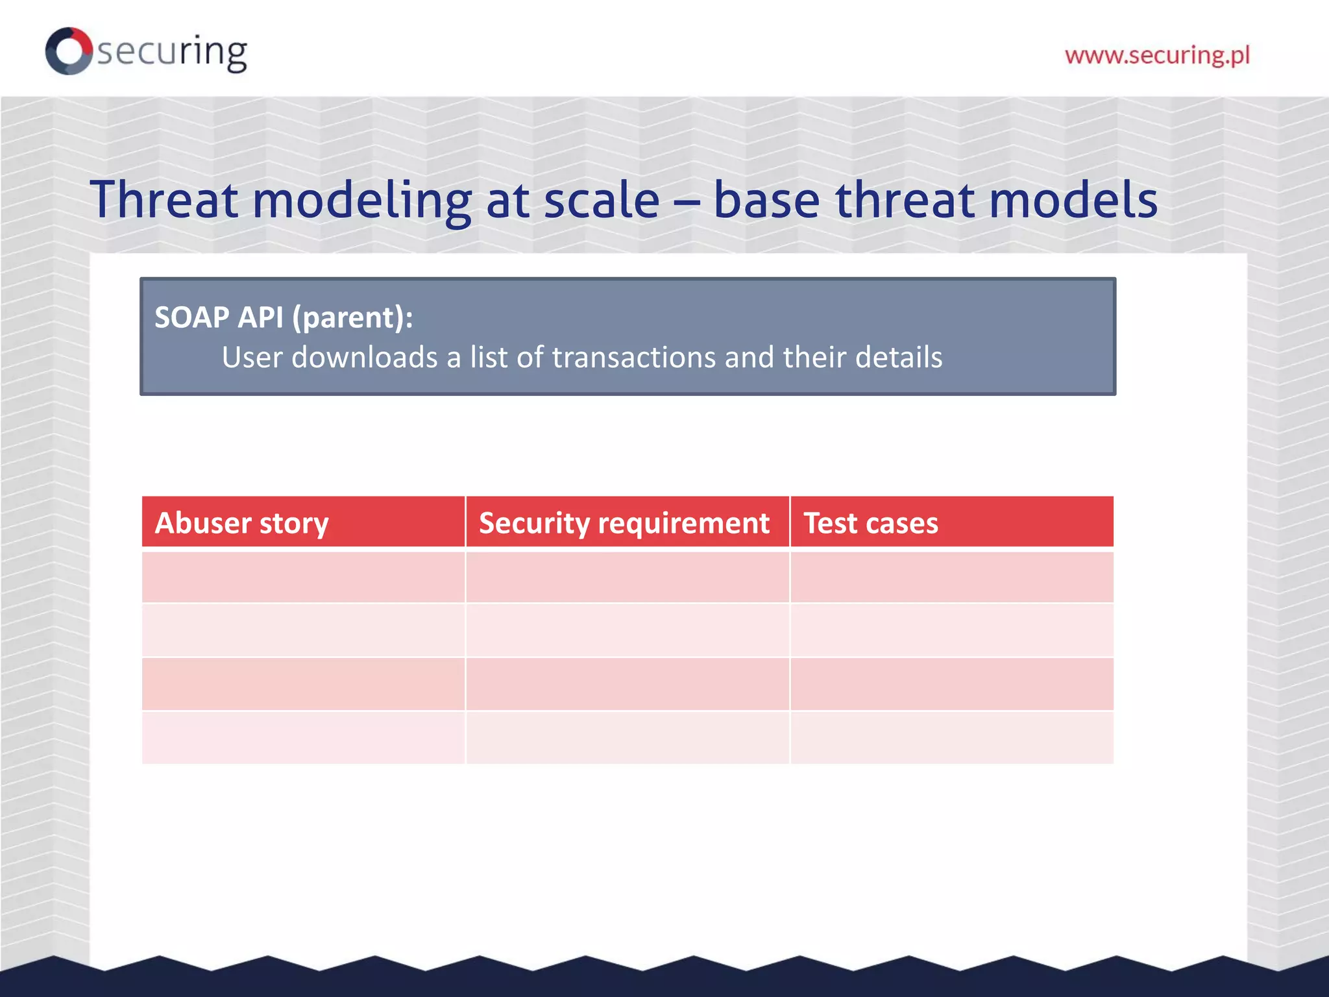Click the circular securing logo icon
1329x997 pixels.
pos(69,51)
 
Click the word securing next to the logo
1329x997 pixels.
pos(172,52)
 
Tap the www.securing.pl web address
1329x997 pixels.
pos(1157,55)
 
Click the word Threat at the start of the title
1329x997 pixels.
pos(164,200)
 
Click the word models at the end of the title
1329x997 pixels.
pos(1073,200)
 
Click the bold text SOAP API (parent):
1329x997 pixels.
pos(284,317)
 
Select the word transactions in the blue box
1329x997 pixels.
pos(633,358)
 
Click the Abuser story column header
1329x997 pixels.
pos(241,523)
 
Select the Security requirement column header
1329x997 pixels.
pos(624,523)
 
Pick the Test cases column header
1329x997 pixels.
pos(871,523)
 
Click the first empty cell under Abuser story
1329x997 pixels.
pos(303,577)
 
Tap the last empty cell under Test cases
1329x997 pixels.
pos(951,738)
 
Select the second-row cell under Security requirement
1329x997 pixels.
pos(628,630)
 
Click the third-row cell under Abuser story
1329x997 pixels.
pos(303,684)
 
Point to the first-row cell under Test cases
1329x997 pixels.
pos(951,577)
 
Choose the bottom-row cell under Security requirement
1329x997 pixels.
pos(628,738)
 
